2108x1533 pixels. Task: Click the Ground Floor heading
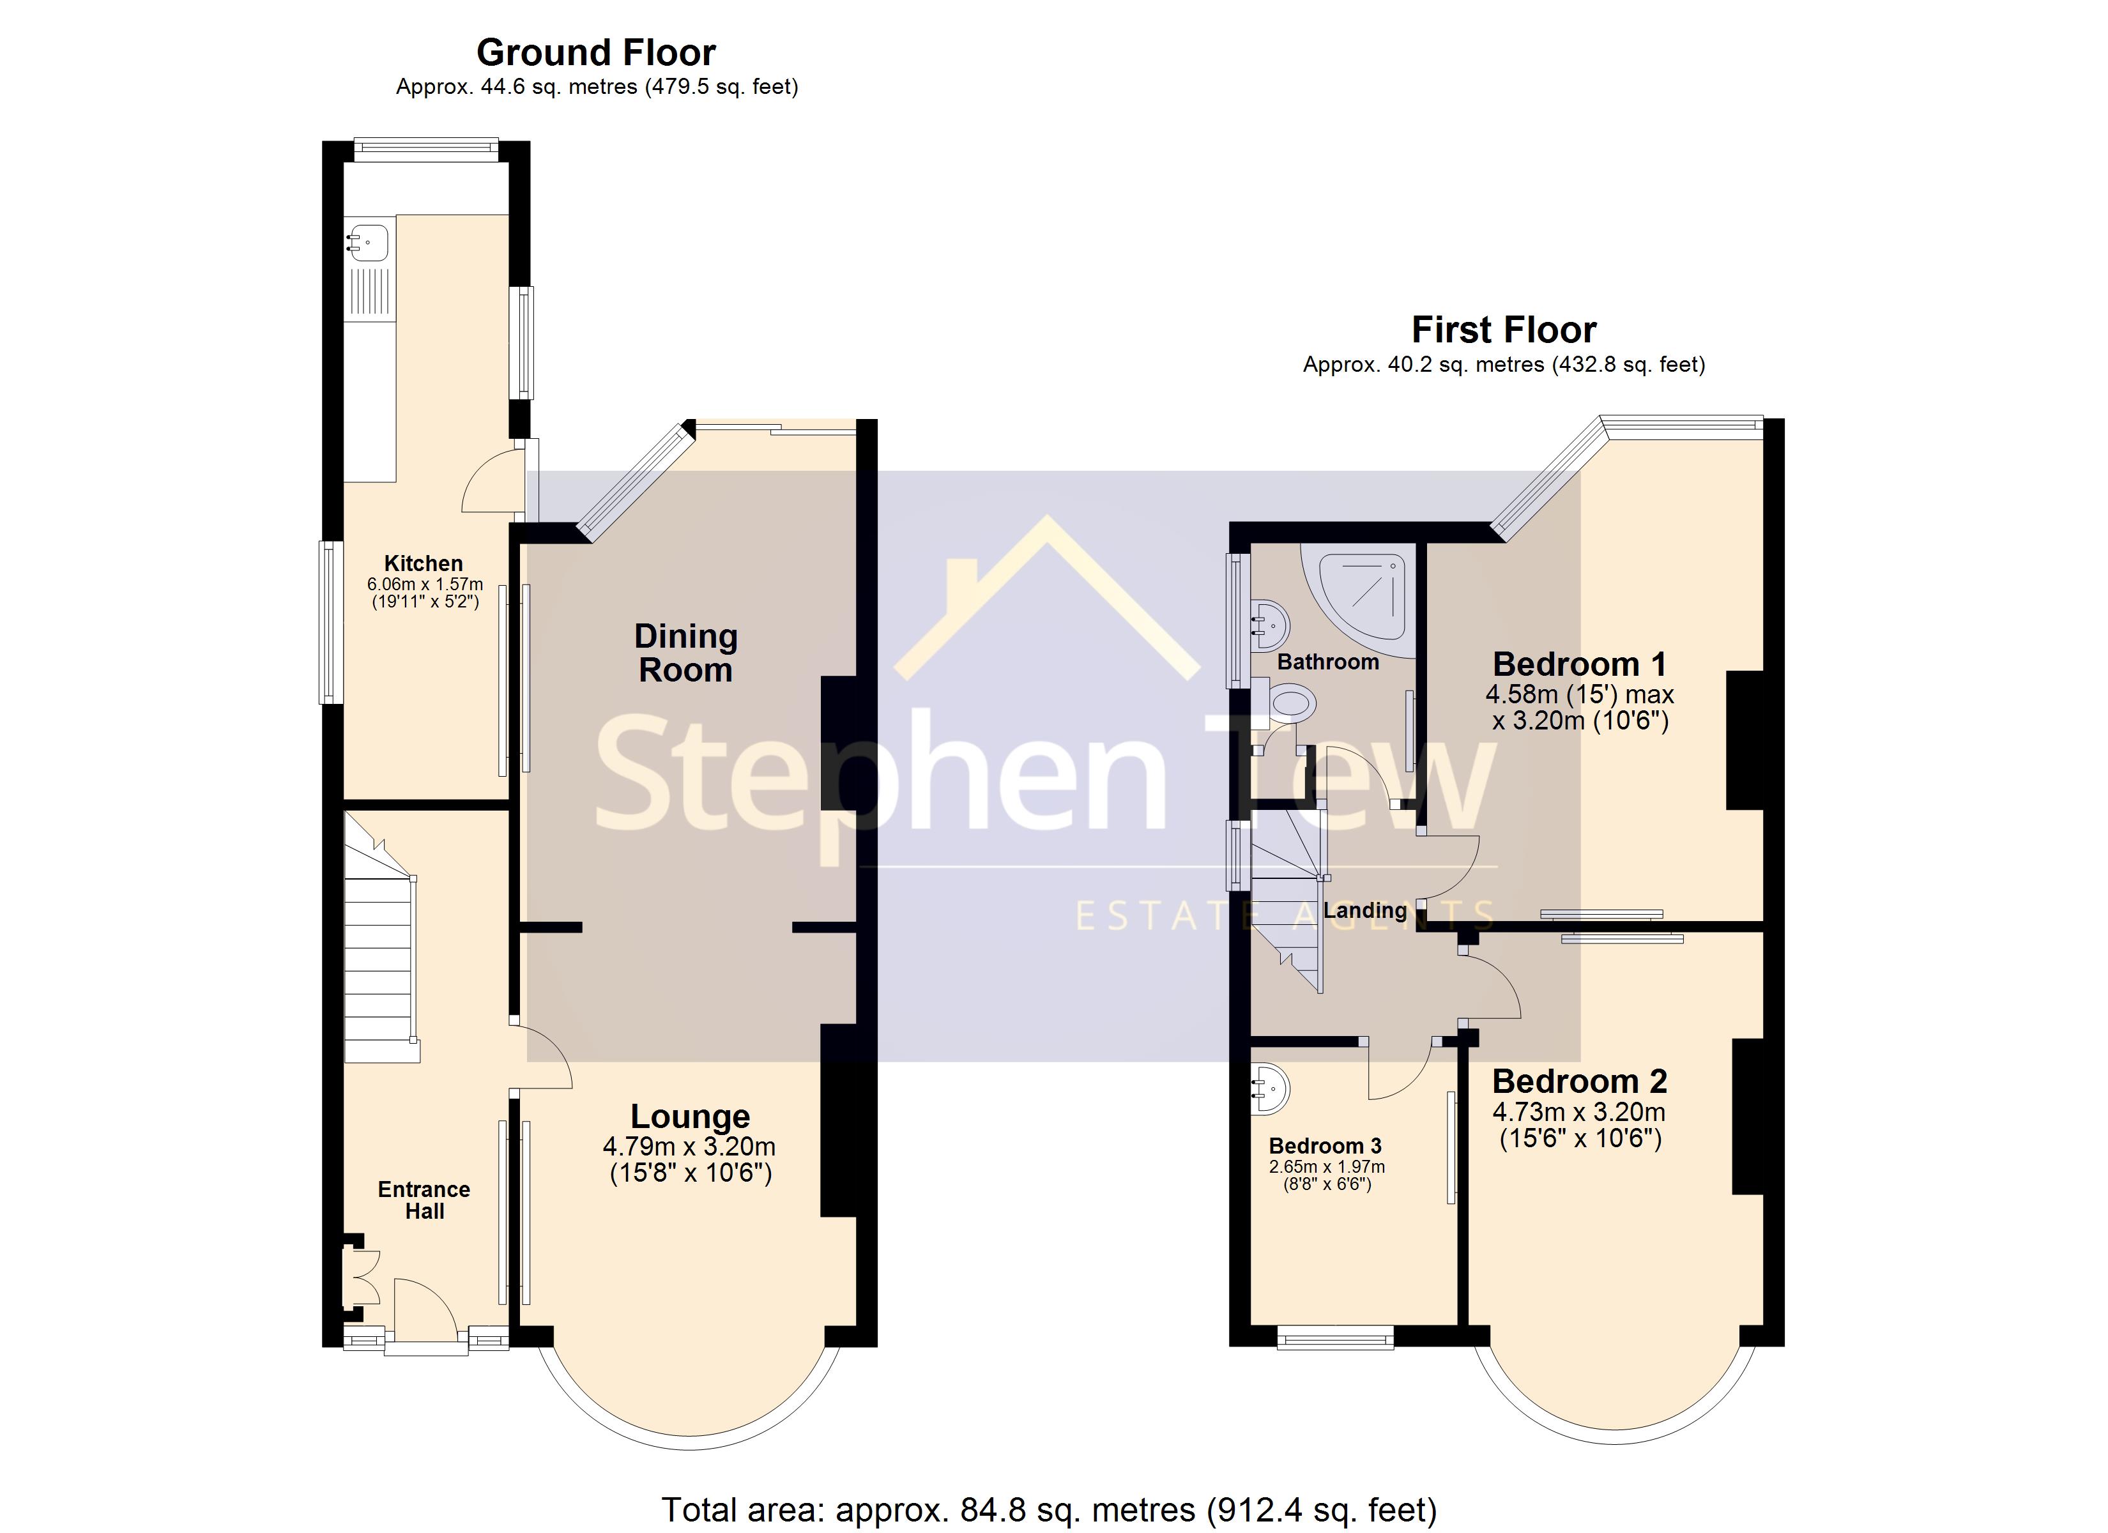pyautogui.click(x=596, y=53)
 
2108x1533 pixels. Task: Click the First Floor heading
pyautogui.click(x=1503, y=330)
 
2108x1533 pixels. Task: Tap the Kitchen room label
pyautogui.click(x=423, y=563)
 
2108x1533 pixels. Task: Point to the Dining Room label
pyautogui.click(x=686, y=653)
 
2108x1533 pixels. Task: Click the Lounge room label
pyautogui.click(x=690, y=1116)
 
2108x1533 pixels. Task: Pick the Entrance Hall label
pyautogui.click(x=424, y=1200)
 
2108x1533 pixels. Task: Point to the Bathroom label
pyautogui.click(x=1327, y=662)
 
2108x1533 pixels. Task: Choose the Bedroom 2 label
pyautogui.click(x=1579, y=1081)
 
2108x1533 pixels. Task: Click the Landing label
pyautogui.click(x=1364, y=910)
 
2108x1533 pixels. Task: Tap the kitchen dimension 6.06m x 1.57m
pyautogui.click(x=425, y=584)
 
